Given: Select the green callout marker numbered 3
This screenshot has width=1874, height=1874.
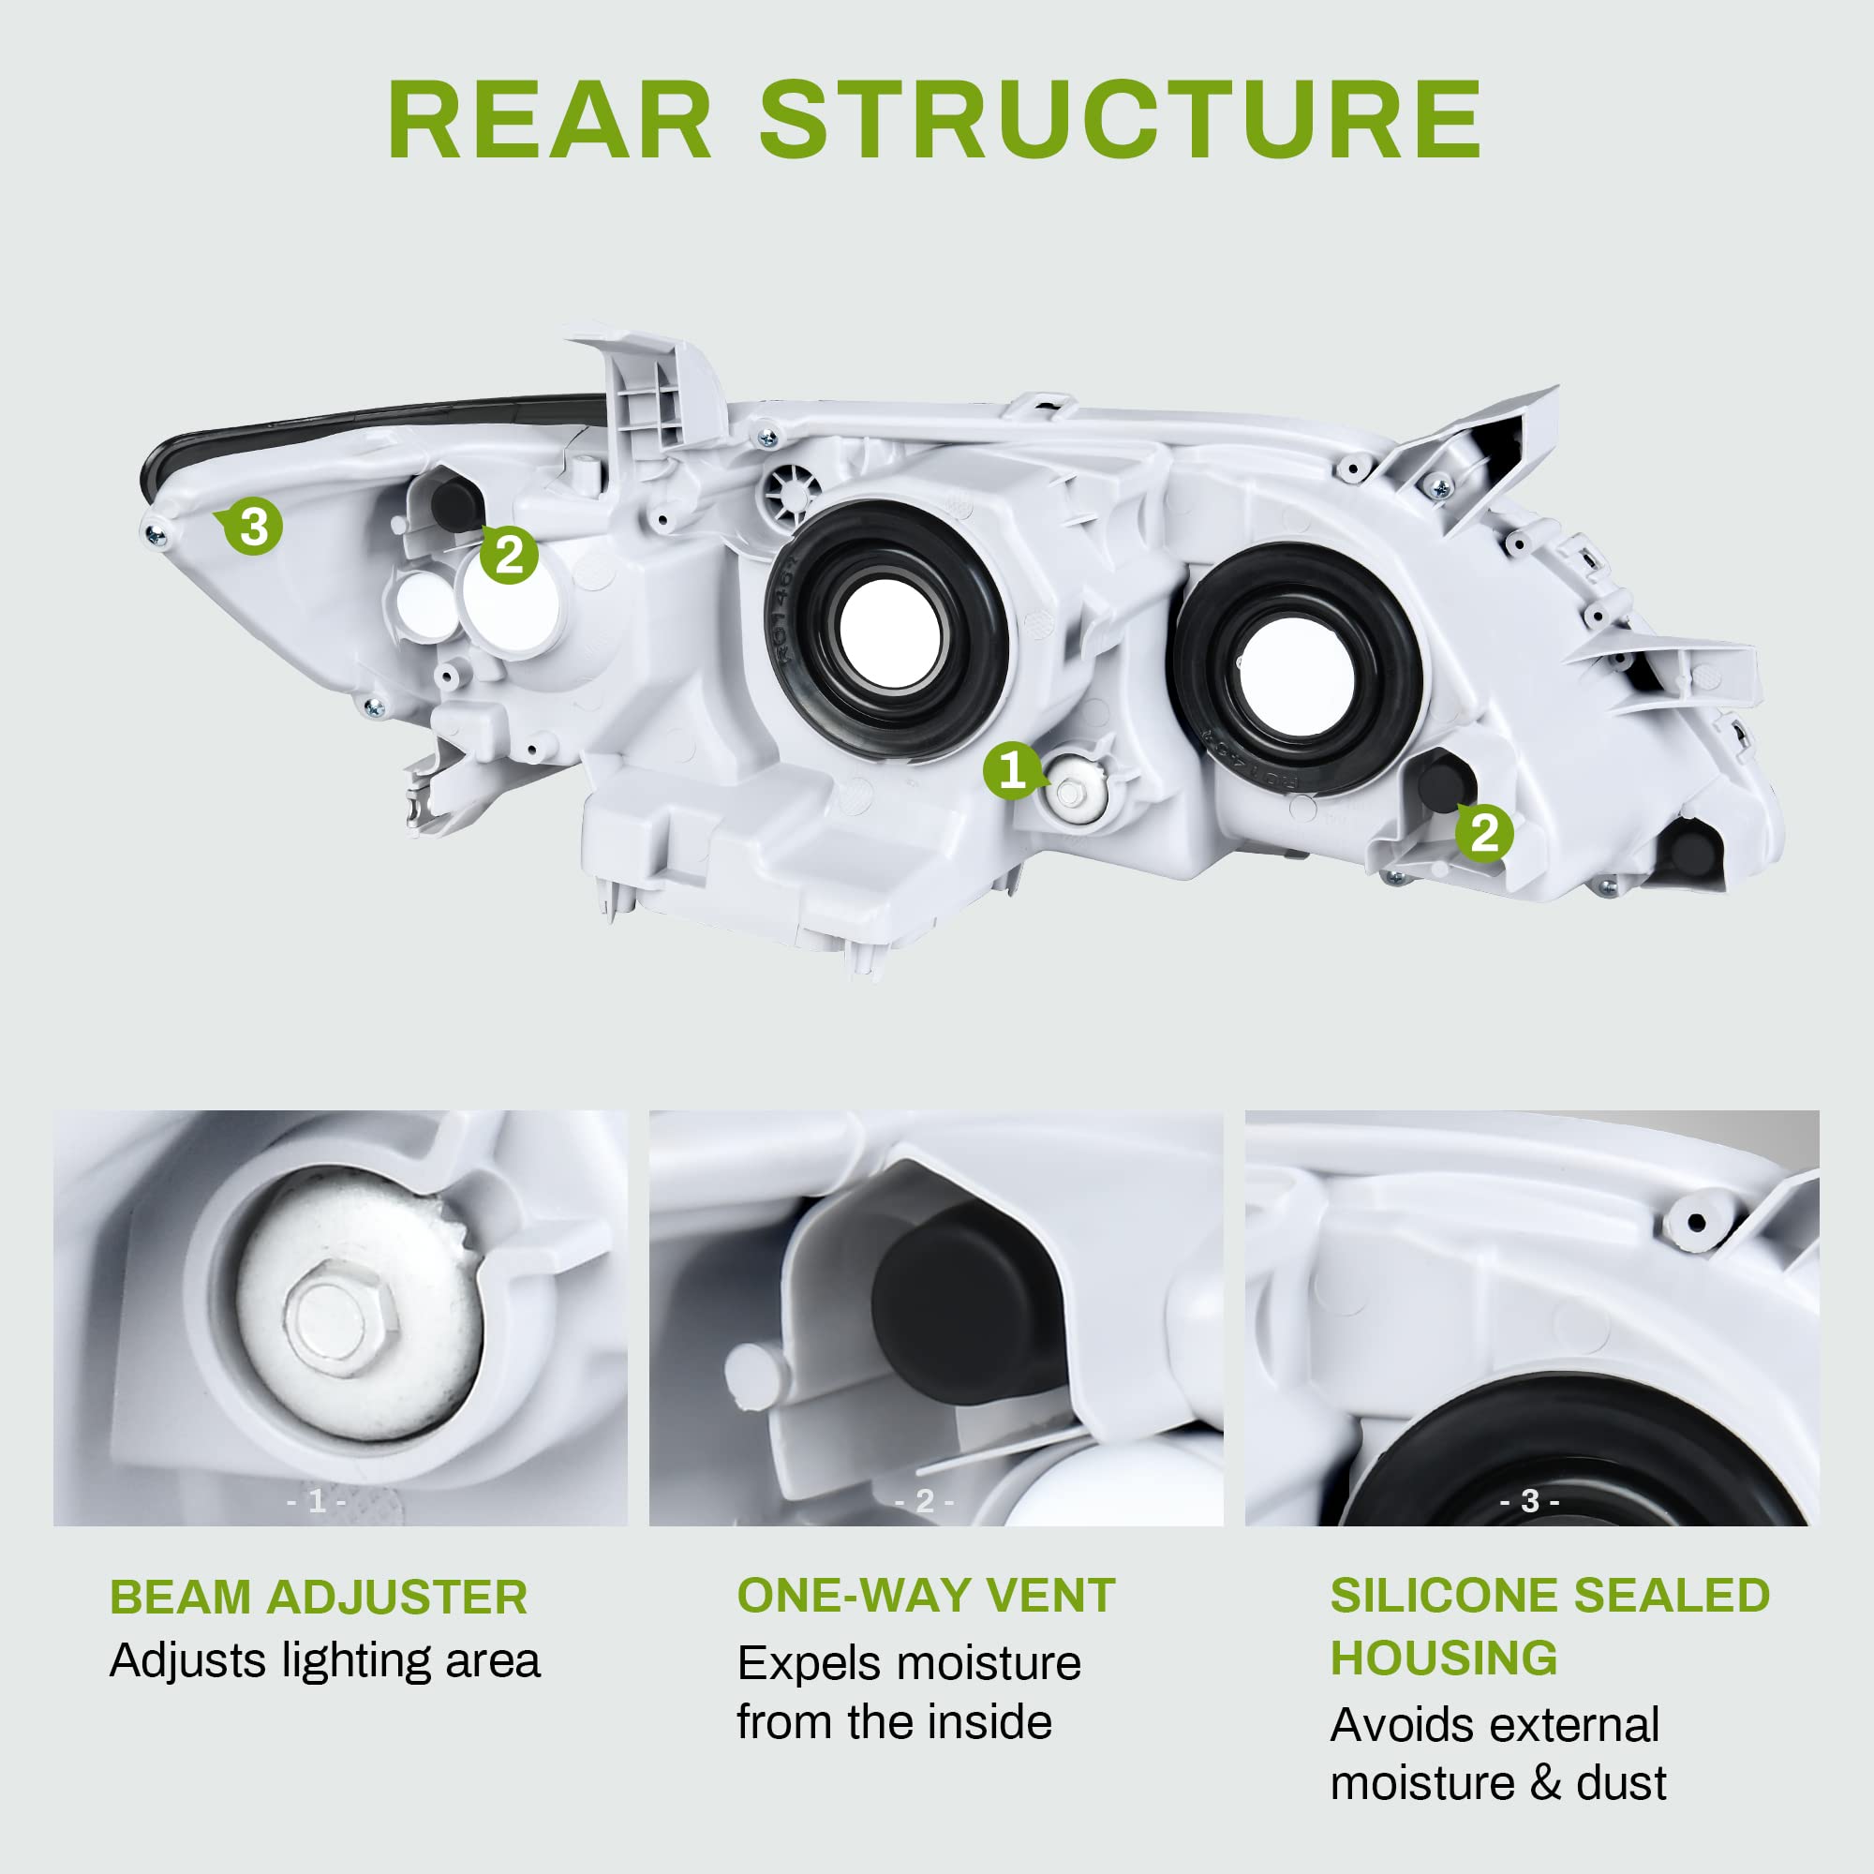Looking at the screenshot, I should (254, 528).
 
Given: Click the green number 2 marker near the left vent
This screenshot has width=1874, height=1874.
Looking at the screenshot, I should (509, 556).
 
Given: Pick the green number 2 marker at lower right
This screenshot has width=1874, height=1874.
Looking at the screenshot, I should (1484, 833).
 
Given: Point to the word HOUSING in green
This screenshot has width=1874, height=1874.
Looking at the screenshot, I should (1443, 1658).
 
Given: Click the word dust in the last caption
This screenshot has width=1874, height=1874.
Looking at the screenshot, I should (1621, 1784).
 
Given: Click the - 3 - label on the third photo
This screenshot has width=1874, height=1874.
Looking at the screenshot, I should (1530, 1501).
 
